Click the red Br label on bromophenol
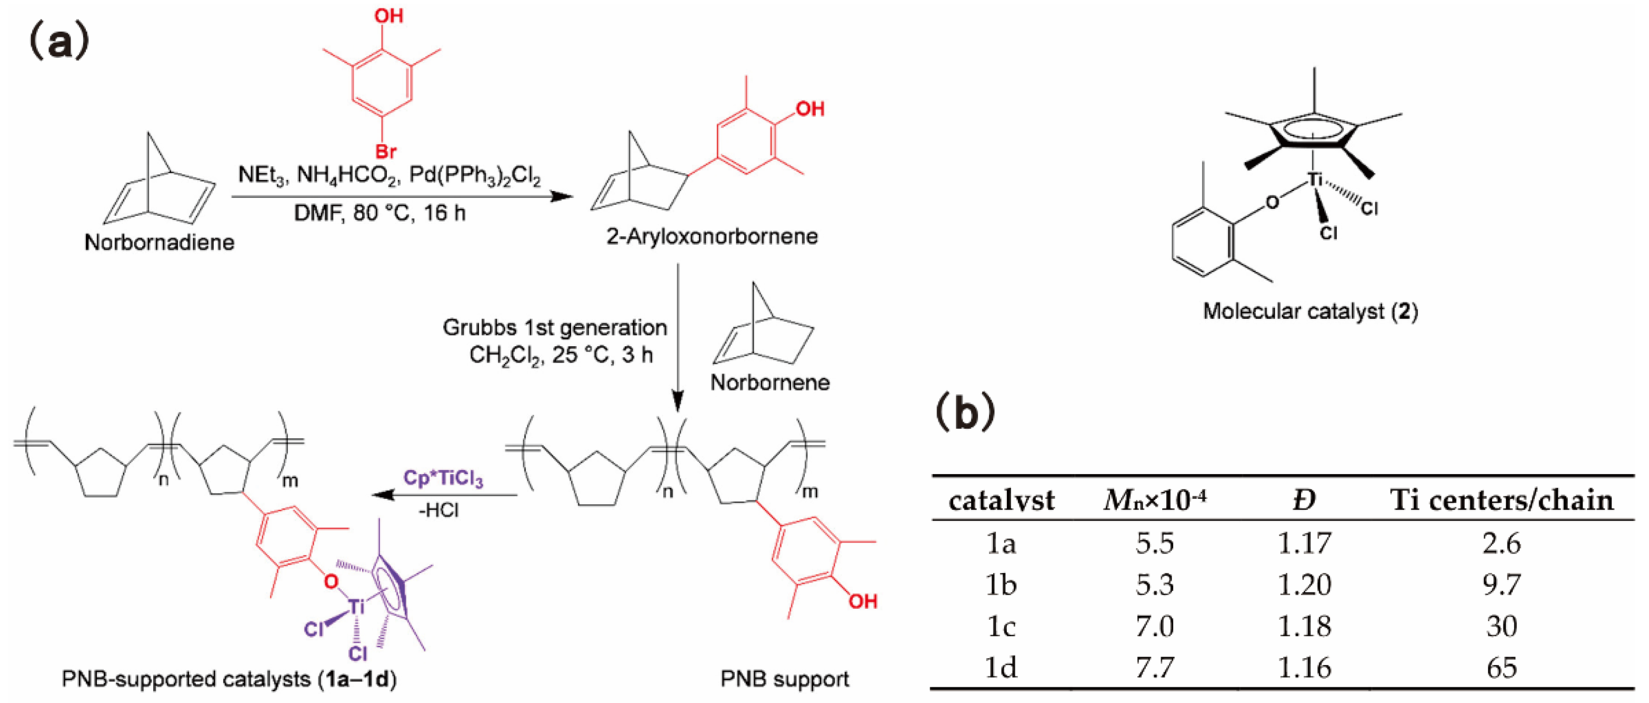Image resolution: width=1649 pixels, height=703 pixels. click(386, 152)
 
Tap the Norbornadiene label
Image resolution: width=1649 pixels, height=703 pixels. click(159, 243)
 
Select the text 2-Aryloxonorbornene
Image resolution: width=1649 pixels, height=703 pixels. click(712, 236)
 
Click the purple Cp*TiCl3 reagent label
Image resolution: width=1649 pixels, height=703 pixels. click(443, 478)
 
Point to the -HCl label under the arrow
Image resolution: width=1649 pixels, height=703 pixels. click(438, 510)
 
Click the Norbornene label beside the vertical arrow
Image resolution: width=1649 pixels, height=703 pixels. click(770, 382)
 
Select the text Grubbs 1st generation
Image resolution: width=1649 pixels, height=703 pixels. click(554, 328)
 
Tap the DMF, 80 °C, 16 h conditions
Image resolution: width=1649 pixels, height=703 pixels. click(379, 213)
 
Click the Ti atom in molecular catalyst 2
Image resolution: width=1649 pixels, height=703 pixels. click(1314, 180)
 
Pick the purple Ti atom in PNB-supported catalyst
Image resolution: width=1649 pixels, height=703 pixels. click(356, 605)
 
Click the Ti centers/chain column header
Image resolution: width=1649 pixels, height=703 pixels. click(1501, 500)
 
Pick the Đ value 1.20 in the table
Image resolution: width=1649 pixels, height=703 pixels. click(1304, 585)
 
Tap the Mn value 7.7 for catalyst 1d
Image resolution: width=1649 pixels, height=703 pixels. click(1155, 668)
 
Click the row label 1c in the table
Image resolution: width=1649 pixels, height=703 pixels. click(1001, 626)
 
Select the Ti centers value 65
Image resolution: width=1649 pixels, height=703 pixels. click(1501, 668)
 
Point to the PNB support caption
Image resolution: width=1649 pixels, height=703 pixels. click(784, 679)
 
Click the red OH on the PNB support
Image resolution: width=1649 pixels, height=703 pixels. click(862, 601)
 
